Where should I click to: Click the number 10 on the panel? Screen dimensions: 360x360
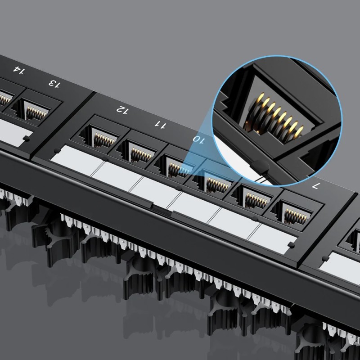[x=198, y=139]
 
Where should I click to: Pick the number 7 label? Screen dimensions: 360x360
[x=315, y=185]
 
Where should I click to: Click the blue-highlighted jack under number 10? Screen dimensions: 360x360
[x=174, y=166]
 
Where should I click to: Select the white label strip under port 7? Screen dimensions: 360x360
[x=272, y=236]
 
